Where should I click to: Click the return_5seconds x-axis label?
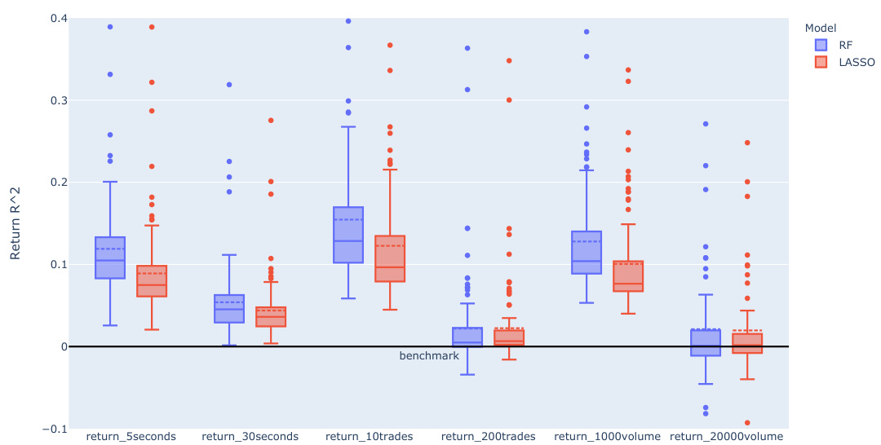(131, 437)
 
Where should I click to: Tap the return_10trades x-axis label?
(369, 437)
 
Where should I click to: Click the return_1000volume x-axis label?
(607, 437)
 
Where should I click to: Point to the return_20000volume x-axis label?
(726, 437)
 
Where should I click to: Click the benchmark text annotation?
(429, 356)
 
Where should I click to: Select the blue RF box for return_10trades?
(348, 235)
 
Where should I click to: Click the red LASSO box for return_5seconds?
(152, 281)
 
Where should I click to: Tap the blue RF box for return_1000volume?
(587, 253)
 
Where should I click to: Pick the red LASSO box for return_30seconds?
(271, 317)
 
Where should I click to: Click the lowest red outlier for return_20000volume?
(747, 423)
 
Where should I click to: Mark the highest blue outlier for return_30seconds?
(229, 85)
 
